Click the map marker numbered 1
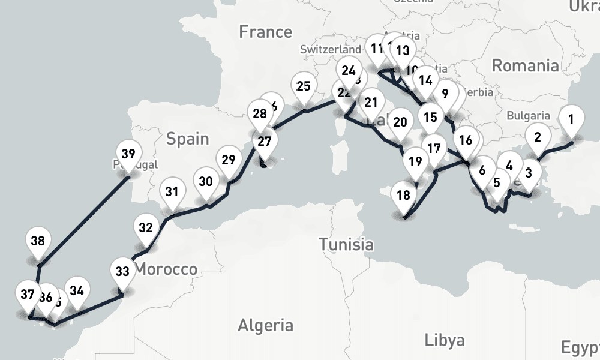click(571, 119)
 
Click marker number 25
click(304, 87)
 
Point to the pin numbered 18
click(403, 196)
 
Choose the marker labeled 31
click(172, 193)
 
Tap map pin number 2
click(537, 137)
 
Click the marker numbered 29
click(227, 160)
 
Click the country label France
click(265, 32)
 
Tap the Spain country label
click(188, 139)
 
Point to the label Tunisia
click(346, 244)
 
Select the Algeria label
click(266, 326)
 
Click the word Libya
click(444, 340)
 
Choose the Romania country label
click(525, 65)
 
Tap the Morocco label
click(166, 270)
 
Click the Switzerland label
click(331, 49)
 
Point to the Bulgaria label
click(528, 116)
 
